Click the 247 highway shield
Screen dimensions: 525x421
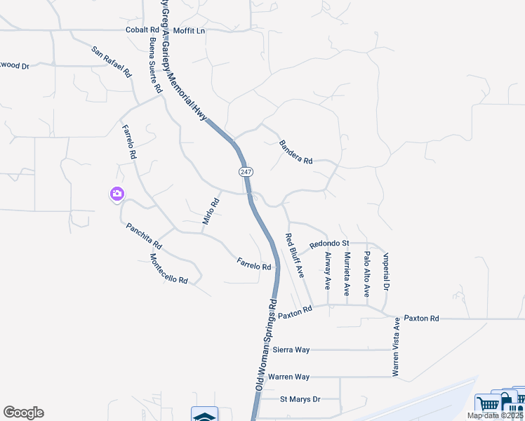(245, 172)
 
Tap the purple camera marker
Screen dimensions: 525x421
(117, 194)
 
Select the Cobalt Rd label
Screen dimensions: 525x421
(142, 30)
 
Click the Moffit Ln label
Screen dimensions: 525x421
(190, 30)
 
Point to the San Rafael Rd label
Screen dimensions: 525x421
(112, 62)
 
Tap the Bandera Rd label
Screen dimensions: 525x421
(295, 152)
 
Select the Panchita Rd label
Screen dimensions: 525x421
(144, 236)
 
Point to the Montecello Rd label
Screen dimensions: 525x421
(169, 269)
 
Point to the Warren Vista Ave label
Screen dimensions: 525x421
(396, 347)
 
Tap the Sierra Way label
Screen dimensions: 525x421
(291, 349)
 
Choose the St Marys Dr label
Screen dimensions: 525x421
(300, 399)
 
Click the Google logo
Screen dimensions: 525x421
(23, 413)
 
